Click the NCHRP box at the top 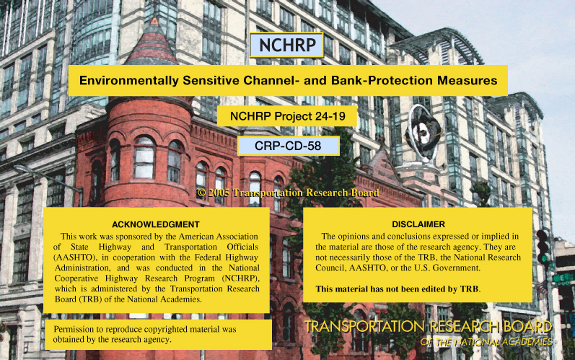(x=286, y=45)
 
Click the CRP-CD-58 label (x=289, y=146)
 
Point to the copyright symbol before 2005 (x=201, y=193)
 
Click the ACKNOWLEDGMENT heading (x=156, y=224)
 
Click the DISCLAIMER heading (x=418, y=224)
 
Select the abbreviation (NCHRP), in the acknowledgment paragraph (x=241, y=278)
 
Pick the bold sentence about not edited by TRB (x=398, y=289)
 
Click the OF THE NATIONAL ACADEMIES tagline (x=486, y=342)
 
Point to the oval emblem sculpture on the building (x=423, y=133)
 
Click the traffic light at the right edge (x=543, y=247)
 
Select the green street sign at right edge (x=564, y=279)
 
